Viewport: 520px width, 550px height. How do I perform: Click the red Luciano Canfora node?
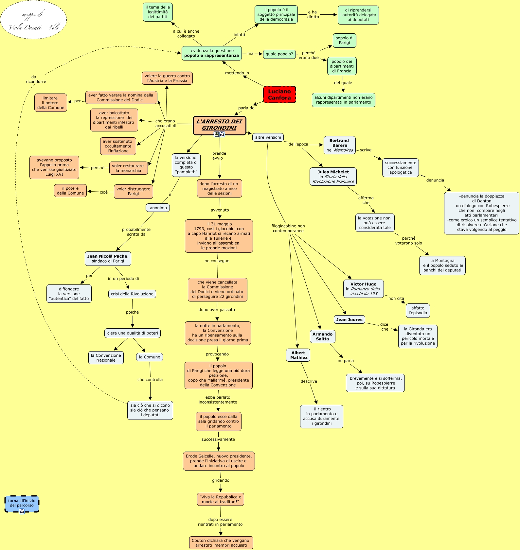[279, 95]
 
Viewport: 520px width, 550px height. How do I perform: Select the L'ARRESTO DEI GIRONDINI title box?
[219, 125]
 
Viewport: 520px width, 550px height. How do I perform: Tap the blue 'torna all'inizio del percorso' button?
[22, 503]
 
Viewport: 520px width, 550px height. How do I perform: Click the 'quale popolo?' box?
[279, 54]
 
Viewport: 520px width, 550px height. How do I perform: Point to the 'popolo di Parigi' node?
[344, 41]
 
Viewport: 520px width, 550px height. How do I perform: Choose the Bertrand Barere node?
[339, 145]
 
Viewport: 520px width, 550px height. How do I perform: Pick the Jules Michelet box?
[333, 177]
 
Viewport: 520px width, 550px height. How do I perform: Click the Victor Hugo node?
[363, 289]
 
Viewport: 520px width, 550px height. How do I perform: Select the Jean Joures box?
[349, 319]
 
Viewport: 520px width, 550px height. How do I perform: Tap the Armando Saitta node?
[322, 336]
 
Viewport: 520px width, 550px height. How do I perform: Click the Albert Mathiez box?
[298, 355]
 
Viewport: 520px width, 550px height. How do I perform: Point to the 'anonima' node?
[158, 208]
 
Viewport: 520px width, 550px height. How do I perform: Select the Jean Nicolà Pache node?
[108, 259]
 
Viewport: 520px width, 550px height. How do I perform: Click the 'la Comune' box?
[150, 357]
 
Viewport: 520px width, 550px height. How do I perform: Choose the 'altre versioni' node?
[268, 137]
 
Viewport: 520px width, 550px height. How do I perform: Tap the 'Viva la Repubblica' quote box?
[220, 499]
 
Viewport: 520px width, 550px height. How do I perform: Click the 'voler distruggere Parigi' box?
[133, 191]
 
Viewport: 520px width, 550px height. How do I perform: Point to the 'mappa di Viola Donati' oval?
[33, 20]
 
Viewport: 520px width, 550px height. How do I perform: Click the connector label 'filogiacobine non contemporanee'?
[288, 228]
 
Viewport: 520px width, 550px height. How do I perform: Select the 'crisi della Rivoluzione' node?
[132, 294]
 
